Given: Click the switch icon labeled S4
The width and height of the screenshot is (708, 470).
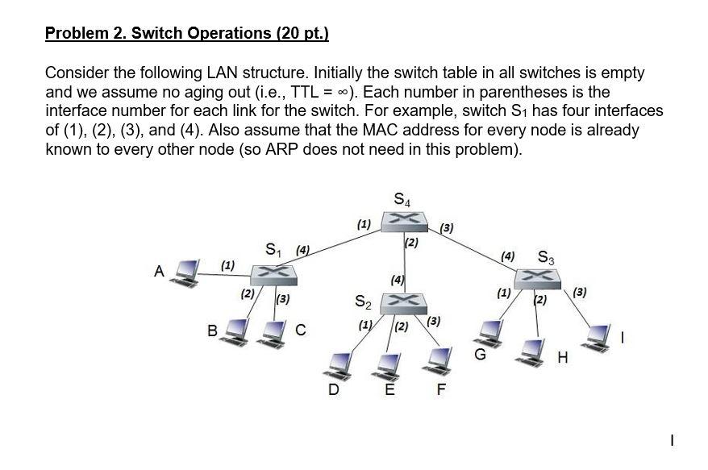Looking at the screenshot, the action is coord(404,221).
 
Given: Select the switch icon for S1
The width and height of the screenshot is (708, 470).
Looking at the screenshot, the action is coord(273,275).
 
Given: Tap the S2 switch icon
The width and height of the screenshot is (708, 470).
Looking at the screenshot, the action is coord(403,304).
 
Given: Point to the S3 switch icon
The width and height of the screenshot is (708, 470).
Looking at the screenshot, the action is coord(537,279).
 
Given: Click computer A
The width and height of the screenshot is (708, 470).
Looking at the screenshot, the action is coord(185,273).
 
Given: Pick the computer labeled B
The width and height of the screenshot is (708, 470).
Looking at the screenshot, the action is coord(235,332).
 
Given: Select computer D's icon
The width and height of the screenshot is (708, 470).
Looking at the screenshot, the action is coord(338,366).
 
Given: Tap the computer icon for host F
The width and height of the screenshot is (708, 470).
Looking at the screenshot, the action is coord(437,361).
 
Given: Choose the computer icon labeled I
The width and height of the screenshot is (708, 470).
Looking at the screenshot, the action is coord(596,338).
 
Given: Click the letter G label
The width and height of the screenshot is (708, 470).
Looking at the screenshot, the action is coord(480,355).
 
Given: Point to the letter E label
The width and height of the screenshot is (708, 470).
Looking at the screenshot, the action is coord(389,389).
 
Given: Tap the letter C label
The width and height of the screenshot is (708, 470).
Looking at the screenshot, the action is coord(300,330).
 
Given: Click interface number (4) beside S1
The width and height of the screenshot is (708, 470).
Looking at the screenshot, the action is coord(302,250).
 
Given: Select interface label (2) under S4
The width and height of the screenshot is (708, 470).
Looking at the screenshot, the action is coord(411,243).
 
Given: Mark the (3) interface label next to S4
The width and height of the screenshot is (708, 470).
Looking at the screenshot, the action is coord(447,228).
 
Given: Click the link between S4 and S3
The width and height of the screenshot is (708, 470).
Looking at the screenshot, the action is coord(472,250).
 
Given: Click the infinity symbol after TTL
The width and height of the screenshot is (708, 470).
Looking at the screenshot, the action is coord(344,93).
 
